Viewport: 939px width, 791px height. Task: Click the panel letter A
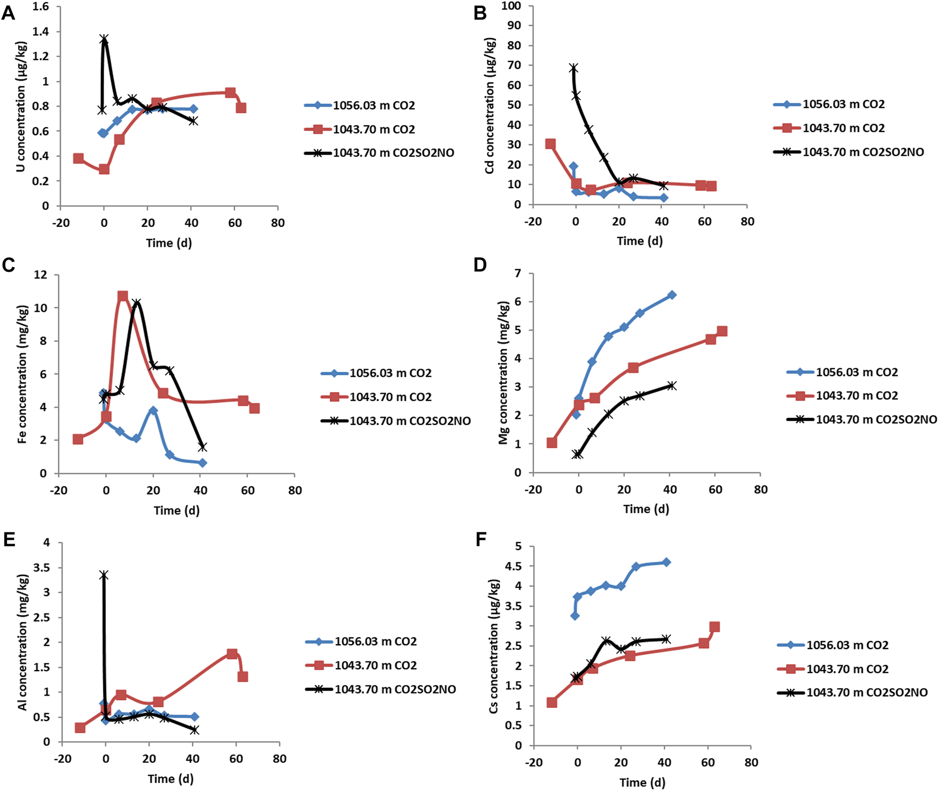pyautogui.click(x=8, y=13)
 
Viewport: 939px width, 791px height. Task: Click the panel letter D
pyautogui.click(x=480, y=264)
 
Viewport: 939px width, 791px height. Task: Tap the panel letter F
pyautogui.click(x=481, y=539)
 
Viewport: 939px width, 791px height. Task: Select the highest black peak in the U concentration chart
pyautogui.click(x=104, y=39)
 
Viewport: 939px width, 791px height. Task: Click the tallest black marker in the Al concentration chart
pyautogui.click(x=104, y=575)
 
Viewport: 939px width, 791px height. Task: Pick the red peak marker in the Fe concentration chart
pyautogui.click(x=123, y=296)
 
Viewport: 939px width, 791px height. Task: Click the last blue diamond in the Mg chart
pyautogui.click(x=672, y=295)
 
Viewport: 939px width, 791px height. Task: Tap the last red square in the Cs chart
pyautogui.click(x=714, y=627)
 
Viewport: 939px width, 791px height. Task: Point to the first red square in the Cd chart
pyautogui.click(x=551, y=144)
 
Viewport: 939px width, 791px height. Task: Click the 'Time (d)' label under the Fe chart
pyautogui.click(x=176, y=510)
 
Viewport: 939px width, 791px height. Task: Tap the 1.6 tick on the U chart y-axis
pyautogui.click(x=40, y=6)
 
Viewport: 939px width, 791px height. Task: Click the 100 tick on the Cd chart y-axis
pyautogui.click(x=511, y=6)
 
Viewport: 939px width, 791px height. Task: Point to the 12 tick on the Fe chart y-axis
pyautogui.click(x=40, y=274)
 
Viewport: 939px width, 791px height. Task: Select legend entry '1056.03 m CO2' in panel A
pyautogui.click(x=373, y=105)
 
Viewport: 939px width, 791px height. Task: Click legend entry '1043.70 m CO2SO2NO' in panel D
pyautogui.click(x=876, y=420)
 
